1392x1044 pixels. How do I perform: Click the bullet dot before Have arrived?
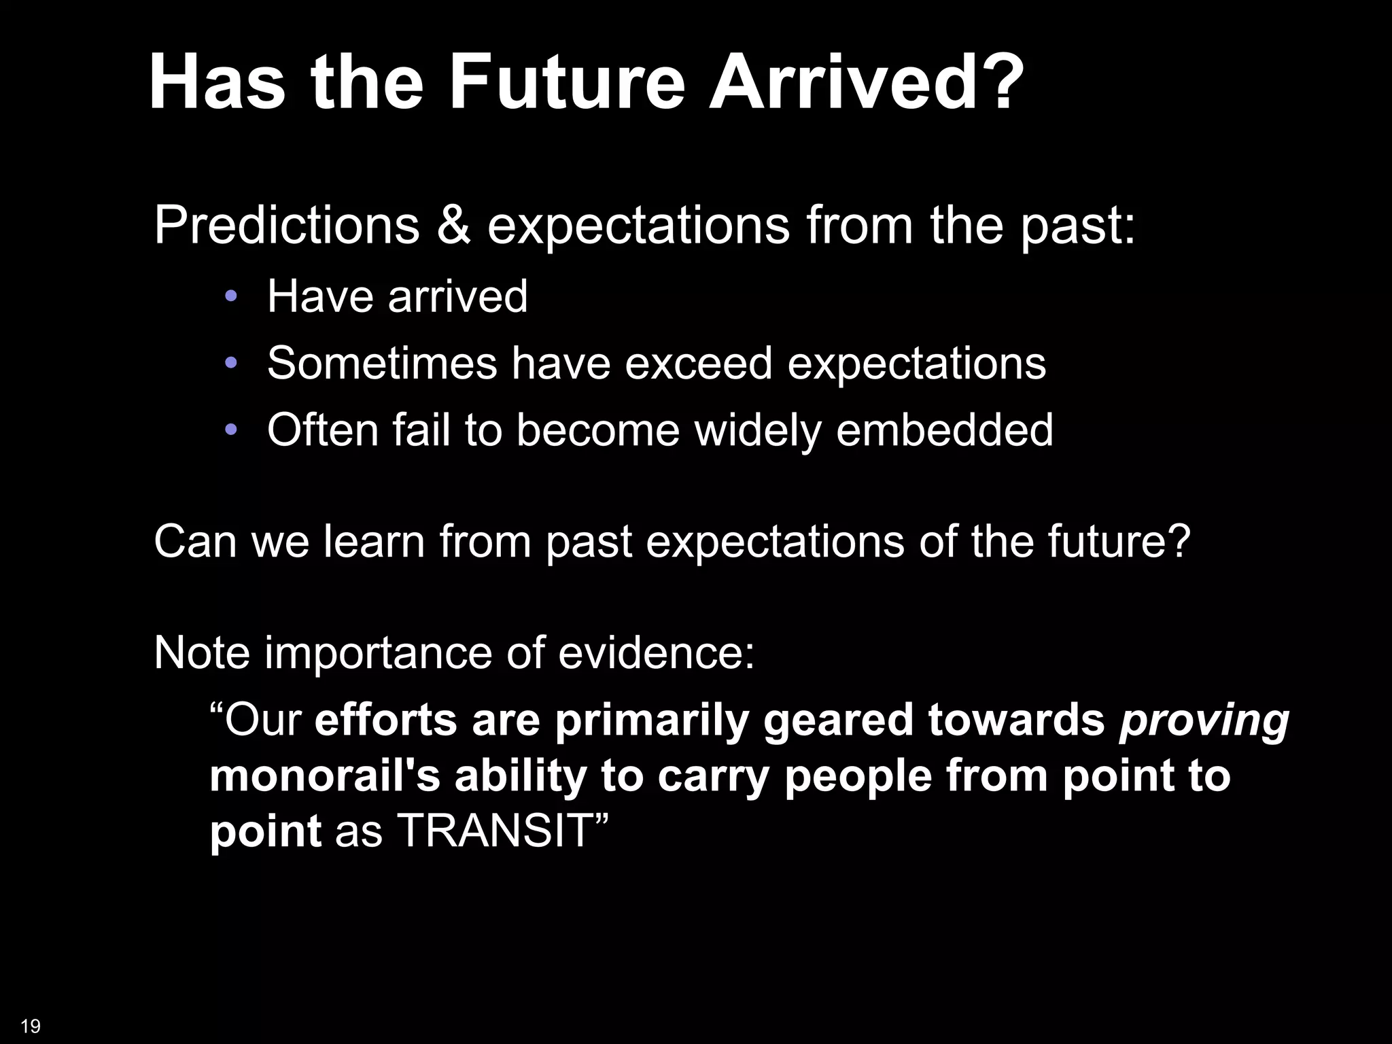(231, 296)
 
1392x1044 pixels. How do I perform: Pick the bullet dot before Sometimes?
(231, 363)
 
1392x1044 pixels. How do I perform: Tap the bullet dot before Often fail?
(231, 430)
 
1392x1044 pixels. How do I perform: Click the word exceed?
(698, 363)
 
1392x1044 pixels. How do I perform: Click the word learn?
(374, 541)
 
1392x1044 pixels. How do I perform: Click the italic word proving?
(1204, 722)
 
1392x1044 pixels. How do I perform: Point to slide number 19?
(31, 1026)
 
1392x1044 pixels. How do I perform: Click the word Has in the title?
(217, 84)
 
